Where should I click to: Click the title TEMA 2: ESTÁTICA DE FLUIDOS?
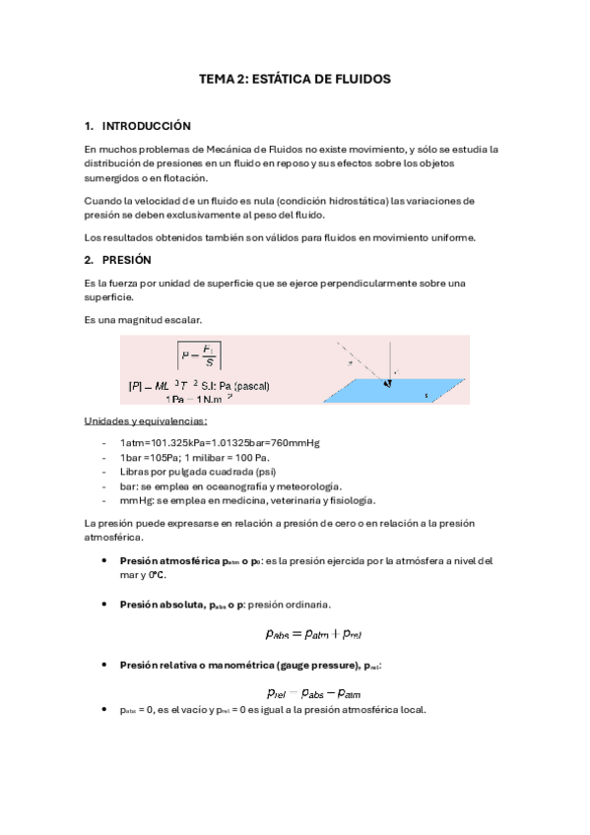click(295, 78)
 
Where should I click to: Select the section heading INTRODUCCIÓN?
click(146, 126)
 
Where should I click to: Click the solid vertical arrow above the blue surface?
click(391, 359)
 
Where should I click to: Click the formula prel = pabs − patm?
click(314, 692)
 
